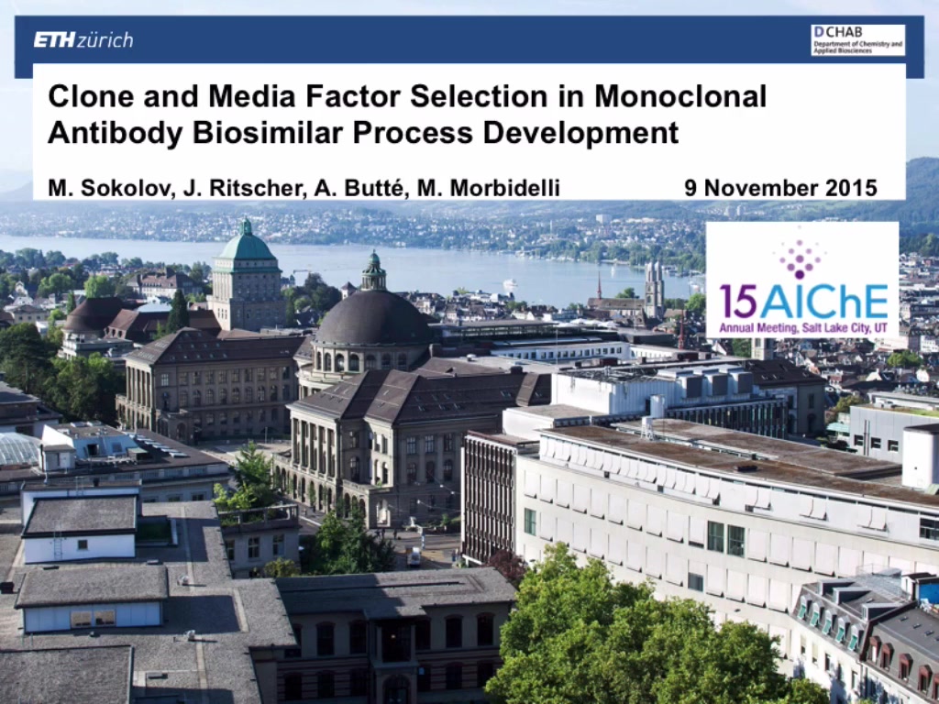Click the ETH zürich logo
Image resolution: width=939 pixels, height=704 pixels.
(x=83, y=40)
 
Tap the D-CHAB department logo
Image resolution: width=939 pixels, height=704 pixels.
(x=857, y=40)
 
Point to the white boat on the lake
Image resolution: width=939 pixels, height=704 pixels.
(x=510, y=284)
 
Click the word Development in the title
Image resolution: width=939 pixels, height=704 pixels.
(x=580, y=133)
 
